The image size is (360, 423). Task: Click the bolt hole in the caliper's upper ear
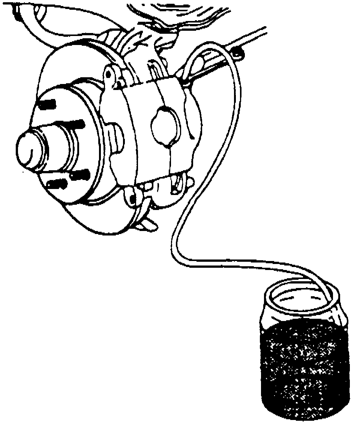point(108,73)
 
